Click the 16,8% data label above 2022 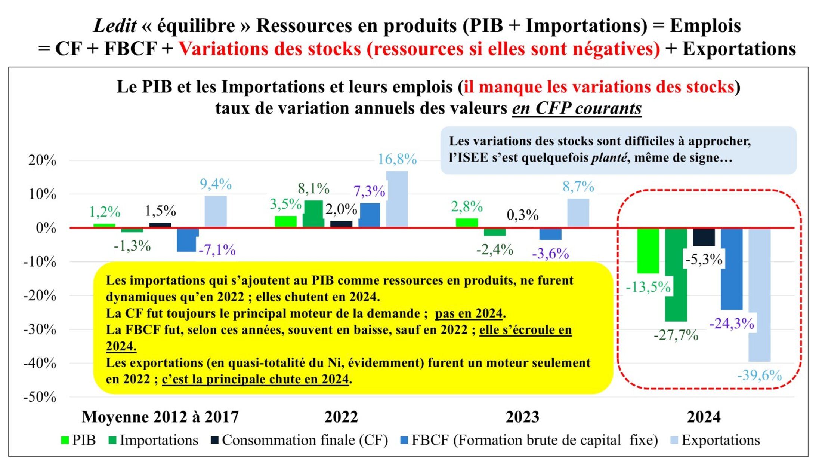coord(397,159)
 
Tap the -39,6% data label coord(759,375)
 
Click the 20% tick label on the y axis coord(42,160)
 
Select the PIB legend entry coord(78,440)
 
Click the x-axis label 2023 coord(522,417)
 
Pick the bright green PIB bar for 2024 coord(648,251)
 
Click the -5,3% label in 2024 coord(704,259)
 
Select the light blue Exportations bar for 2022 coord(397,199)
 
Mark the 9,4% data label coord(216,184)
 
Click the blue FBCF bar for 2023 coord(550,234)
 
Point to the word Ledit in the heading coord(114,26)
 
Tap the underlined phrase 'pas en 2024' coord(469,313)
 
